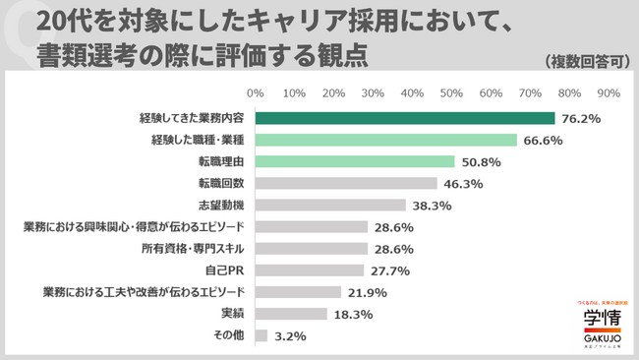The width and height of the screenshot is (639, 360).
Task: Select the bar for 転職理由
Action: pyautogui.click(x=355, y=161)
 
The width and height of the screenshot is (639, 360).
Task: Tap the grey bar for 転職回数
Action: pyautogui.click(x=346, y=183)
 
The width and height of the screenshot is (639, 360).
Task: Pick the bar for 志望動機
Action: pyautogui.click(x=330, y=205)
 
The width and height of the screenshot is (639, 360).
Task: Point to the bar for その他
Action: pyautogui.click(x=261, y=335)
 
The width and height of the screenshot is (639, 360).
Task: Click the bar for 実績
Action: pyautogui.click(x=291, y=314)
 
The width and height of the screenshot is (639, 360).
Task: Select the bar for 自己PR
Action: pyautogui.click(x=310, y=270)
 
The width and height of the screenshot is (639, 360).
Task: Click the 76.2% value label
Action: pyautogui.click(x=580, y=119)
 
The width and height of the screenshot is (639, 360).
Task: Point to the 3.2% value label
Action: pyautogui.click(x=291, y=336)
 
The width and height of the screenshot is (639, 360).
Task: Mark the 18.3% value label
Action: pyautogui.click(x=353, y=315)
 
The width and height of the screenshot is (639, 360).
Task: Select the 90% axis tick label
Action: pyautogui.click(x=608, y=93)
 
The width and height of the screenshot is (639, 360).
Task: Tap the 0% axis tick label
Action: pyautogui.click(x=256, y=93)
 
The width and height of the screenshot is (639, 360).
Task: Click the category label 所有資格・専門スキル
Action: pyautogui.click(x=196, y=249)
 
